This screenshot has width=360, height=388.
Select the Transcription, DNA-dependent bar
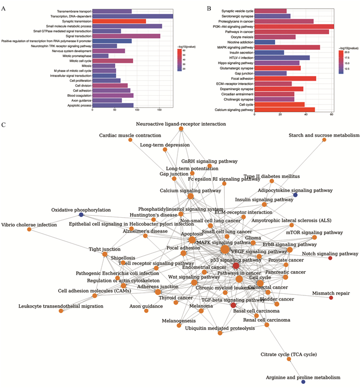(x=133, y=16)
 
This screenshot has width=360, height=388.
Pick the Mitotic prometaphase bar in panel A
(x=101, y=56)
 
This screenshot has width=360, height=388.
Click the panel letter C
(x=4, y=125)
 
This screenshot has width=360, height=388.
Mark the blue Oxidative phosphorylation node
(x=81, y=215)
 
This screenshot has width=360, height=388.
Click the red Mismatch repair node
(x=331, y=298)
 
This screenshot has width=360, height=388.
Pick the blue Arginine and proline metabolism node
(x=303, y=382)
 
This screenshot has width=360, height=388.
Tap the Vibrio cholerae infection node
(x=29, y=230)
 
